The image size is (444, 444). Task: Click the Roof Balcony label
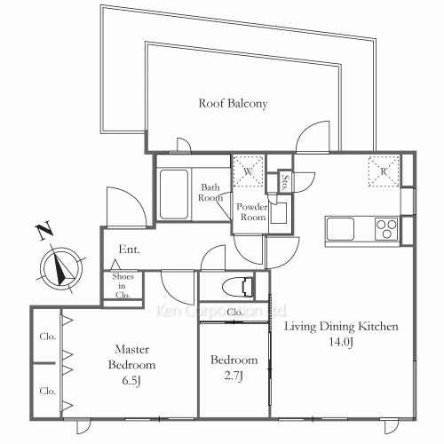pyautogui.click(x=233, y=103)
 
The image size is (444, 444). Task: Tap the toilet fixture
pyautogui.click(x=238, y=287)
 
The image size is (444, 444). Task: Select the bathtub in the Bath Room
pyautogui.click(x=174, y=194)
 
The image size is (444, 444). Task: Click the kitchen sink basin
pyautogui.click(x=340, y=229)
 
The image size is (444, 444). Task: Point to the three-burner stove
pyautogui.click(x=386, y=229)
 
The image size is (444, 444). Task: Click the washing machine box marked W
pyautogui.click(x=248, y=171)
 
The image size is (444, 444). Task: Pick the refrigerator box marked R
pyautogui.click(x=384, y=171)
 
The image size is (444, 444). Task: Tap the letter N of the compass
pyautogui.click(x=44, y=232)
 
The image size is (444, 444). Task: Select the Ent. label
pyautogui.click(x=129, y=250)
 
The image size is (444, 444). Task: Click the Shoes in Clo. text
pyautogui.click(x=123, y=286)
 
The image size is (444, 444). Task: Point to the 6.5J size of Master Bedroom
pyautogui.click(x=131, y=381)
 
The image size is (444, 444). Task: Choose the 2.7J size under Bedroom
pyautogui.click(x=234, y=376)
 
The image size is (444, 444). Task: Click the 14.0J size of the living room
pyautogui.click(x=341, y=342)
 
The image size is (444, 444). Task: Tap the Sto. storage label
pyautogui.click(x=285, y=182)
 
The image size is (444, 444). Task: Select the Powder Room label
pyautogui.click(x=251, y=212)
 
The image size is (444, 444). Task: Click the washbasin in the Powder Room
pyautogui.click(x=279, y=213)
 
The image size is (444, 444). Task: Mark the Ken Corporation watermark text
pyautogui.click(x=221, y=311)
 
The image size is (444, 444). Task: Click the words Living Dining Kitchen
pyautogui.click(x=341, y=327)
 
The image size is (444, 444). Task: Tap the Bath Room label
pyautogui.click(x=210, y=193)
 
